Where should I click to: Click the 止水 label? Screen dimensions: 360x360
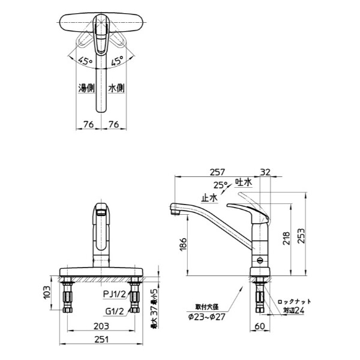[x=209, y=196]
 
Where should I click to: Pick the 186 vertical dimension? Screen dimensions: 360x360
[x=182, y=243]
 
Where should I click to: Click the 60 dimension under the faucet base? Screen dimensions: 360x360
[x=260, y=325]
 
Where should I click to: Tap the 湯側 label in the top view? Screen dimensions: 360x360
[x=86, y=88]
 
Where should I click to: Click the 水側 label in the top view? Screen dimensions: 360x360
[x=116, y=88]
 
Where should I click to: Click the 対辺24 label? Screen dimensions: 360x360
[x=293, y=311]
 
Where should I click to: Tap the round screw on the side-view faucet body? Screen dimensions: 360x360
[x=259, y=261]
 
